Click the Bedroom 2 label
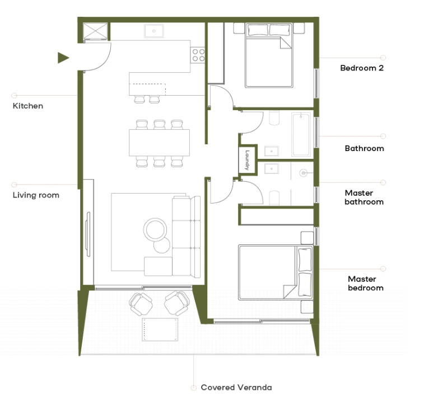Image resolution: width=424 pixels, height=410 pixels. tap(361, 68)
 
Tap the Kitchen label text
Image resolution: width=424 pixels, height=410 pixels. tap(28, 106)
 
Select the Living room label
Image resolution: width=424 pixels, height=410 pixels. tap(36, 195)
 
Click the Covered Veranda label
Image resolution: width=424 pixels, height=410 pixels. tap(236, 387)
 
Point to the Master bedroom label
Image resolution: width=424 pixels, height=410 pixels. tap(365, 284)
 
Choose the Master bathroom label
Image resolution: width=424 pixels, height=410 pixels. tap(364, 197)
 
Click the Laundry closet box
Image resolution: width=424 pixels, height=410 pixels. tap(246, 160)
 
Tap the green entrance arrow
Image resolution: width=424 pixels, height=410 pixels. tap(63, 57)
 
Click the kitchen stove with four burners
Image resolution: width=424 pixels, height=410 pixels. tap(198, 55)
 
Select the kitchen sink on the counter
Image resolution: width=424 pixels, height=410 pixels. tap(153, 31)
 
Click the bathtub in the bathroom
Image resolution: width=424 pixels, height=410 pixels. tap(301, 134)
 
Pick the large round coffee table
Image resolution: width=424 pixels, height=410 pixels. tap(155, 229)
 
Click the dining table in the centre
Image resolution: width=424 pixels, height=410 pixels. tap(159, 143)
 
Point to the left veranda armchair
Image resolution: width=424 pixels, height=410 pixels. tap(140, 303)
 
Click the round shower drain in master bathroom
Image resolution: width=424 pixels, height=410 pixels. tap(304, 173)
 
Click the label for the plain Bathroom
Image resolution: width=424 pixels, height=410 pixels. tap(364, 148)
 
